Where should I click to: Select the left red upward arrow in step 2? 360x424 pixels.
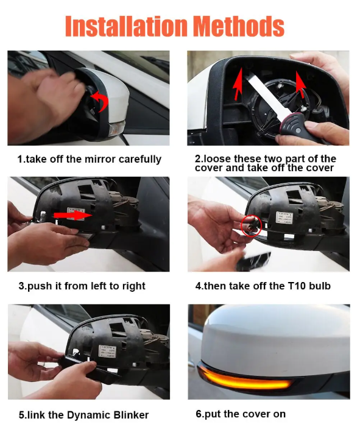click(x=238, y=83)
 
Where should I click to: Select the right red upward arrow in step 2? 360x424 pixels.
click(x=300, y=84)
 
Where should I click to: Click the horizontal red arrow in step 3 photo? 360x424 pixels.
click(x=73, y=215)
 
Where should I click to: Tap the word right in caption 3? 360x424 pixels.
click(x=133, y=286)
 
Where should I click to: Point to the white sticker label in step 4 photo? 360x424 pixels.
click(x=284, y=217)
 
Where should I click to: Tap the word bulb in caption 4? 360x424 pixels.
click(x=320, y=286)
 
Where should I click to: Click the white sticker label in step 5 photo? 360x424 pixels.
click(x=107, y=352)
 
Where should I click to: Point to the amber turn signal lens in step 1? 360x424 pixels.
click(x=117, y=127)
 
